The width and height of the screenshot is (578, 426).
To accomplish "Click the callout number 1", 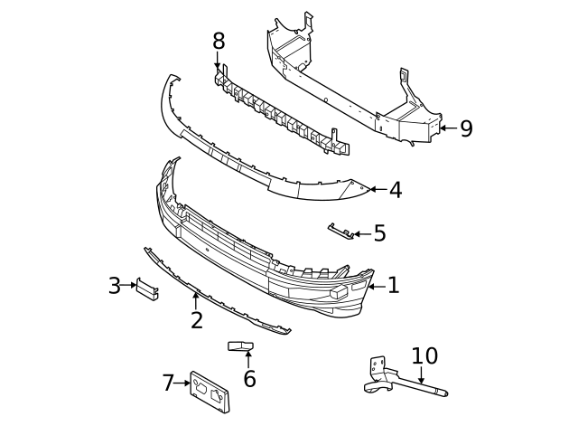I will coord(393,286).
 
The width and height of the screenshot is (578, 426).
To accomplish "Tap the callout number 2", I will coord(196,320).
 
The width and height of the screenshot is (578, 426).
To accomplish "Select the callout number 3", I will coord(114,286).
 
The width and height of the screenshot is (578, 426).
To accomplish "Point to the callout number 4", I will coord(395,190).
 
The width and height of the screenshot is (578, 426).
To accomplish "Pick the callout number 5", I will coord(379,233).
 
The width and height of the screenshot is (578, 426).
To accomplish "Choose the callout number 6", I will coord(249,379).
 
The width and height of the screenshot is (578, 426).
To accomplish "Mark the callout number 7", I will coord(168,383).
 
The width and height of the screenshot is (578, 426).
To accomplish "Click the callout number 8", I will coord(219,41).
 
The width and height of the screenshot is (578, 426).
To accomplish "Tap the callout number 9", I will coord(466,129).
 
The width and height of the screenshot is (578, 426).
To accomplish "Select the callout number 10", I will coord(424,355).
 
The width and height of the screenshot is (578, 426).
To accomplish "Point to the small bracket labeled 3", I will coord(147,288).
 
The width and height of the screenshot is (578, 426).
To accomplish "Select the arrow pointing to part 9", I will coord(448,129).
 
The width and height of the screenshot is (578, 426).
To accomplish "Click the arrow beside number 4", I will coord(378,190).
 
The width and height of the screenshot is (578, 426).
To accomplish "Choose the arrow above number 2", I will coord(195,298).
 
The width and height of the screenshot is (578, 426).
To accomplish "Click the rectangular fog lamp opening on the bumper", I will coord(340,291).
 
